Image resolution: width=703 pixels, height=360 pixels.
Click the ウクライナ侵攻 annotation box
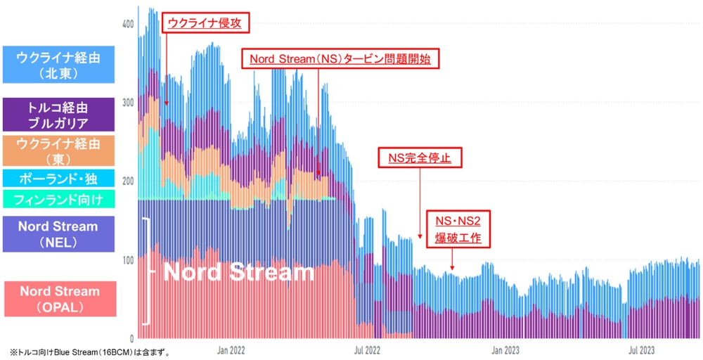click(204, 23)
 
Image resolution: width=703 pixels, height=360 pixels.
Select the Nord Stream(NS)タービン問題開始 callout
click(340, 59)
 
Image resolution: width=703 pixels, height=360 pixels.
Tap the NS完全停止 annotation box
click(419, 158)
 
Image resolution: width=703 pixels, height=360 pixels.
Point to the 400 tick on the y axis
click(127, 24)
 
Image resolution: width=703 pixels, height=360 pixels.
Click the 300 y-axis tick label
click(127, 103)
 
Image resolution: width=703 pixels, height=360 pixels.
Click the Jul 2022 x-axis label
click(368, 349)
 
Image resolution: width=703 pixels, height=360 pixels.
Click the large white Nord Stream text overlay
click(238, 272)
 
